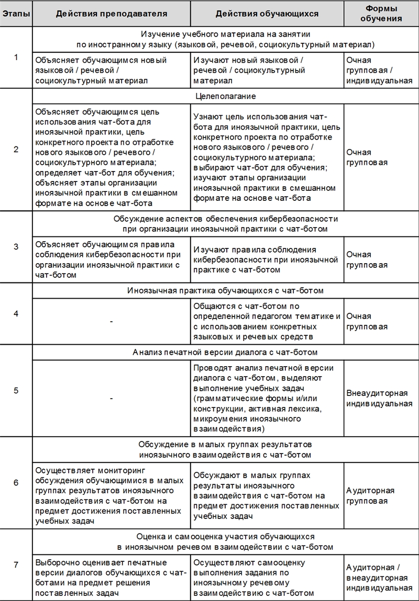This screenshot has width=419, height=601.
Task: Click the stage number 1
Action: [x=16, y=58]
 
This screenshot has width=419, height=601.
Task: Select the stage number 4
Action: [x=16, y=314]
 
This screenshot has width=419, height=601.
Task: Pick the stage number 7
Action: [x=16, y=564]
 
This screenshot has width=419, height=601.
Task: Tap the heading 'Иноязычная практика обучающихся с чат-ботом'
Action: [x=226, y=290]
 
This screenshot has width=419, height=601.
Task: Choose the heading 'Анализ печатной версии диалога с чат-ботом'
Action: [x=225, y=352]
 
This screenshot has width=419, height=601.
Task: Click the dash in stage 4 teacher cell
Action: [x=111, y=321]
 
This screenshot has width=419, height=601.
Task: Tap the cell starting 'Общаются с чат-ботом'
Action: [x=266, y=321]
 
